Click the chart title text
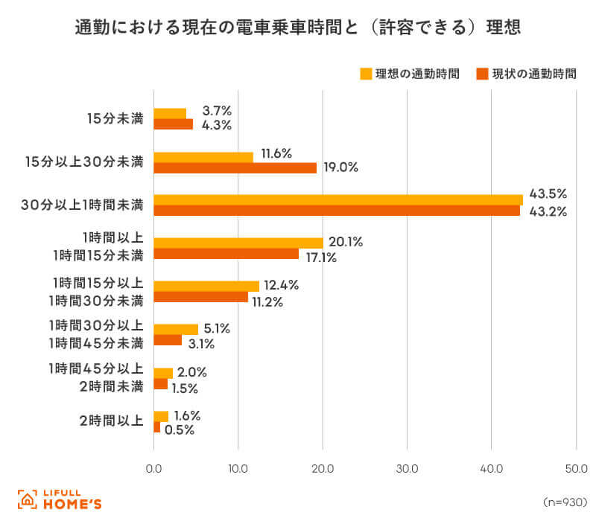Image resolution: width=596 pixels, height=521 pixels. pyautogui.click(x=297, y=28)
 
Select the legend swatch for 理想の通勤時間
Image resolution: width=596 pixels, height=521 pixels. pyautogui.click(x=366, y=74)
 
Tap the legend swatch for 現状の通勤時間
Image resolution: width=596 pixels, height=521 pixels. pyautogui.click(x=482, y=74)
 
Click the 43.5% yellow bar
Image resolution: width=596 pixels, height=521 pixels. pyautogui.click(x=338, y=200)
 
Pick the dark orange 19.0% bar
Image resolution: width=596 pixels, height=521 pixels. pyautogui.click(x=235, y=168)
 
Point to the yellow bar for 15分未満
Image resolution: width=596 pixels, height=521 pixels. pyautogui.click(x=170, y=114)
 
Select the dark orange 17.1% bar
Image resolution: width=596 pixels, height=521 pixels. pyautogui.click(x=226, y=254)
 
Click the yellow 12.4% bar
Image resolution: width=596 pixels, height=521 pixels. pyautogui.click(x=206, y=287)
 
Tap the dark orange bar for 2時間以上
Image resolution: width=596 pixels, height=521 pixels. pyautogui.click(x=157, y=426)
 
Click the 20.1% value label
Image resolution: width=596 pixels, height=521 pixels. pyautogui.click(x=346, y=242)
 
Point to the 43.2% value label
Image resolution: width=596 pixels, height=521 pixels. pyautogui.click(x=548, y=211)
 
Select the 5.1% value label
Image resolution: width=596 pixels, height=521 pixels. pyautogui.click(x=217, y=328)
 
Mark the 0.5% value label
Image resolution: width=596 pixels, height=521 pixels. pyautogui.click(x=180, y=430)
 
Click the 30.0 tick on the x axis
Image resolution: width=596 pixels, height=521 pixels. pyautogui.click(x=407, y=469)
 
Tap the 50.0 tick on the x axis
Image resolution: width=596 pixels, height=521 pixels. pyautogui.click(x=576, y=469)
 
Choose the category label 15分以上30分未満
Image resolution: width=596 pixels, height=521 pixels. pyautogui.click(x=84, y=162)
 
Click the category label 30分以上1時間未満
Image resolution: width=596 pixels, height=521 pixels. pyautogui.click(x=82, y=205)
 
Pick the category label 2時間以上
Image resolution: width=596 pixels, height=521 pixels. pyautogui.click(x=111, y=421)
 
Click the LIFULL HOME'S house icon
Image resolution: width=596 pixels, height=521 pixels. pyautogui.click(x=28, y=499)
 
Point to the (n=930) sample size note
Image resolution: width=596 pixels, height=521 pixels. pyautogui.click(x=565, y=502)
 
